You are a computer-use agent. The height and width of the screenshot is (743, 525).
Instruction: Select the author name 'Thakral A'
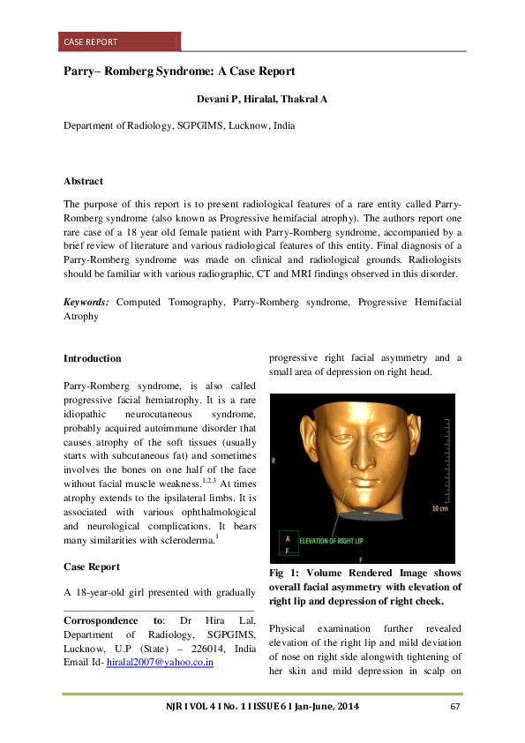coord(303,99)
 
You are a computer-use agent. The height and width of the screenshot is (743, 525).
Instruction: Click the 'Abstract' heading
coord(84,181)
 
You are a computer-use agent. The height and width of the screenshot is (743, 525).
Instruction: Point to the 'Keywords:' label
coord(86,302)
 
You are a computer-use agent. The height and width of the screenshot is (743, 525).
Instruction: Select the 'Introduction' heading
coord(93,358)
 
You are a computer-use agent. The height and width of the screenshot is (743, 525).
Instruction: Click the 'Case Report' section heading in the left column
coord(92,567)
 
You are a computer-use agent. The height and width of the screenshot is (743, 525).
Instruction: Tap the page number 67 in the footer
coord(456,707)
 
